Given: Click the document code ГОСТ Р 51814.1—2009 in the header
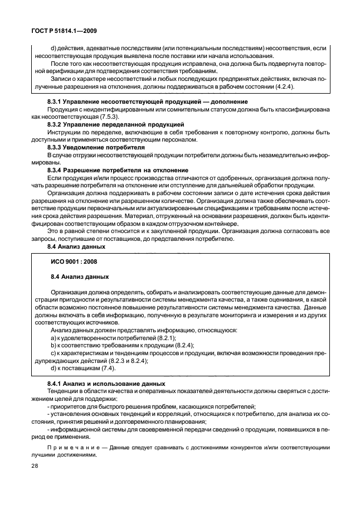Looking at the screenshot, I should (x=64, y=31).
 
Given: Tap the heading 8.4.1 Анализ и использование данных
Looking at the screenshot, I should (x=106, y=384).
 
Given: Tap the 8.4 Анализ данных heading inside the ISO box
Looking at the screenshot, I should (x=80, y=276).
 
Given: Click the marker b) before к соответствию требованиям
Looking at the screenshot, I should (x=53, y=345).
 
